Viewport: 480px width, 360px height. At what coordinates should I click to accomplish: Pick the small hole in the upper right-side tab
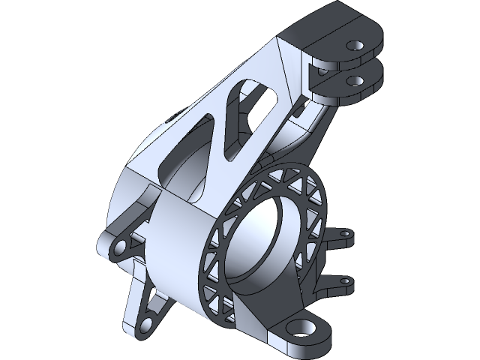pos(346,234)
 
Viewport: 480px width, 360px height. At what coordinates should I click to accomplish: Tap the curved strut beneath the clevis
pos(315,127)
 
